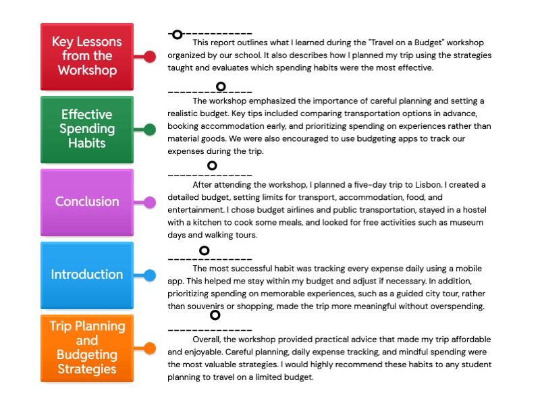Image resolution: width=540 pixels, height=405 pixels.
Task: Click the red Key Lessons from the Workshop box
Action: [x=87, y=56]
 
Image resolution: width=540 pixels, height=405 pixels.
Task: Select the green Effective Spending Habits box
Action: [x=87, y=129]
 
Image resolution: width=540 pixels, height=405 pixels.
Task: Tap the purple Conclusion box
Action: [x=87, y=202]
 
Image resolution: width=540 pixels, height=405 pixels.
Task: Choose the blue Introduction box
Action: [x=87, y=275]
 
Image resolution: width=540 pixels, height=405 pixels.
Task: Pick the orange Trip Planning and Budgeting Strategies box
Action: [x=87, y=348]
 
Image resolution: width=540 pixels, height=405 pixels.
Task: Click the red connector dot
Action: [x=150, y=56]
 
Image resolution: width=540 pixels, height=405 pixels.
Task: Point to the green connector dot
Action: [x=150, y=129]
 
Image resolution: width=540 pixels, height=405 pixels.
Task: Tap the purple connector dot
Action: [x=150, y=202]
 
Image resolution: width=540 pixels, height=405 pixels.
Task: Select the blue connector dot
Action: [x=150, y=275]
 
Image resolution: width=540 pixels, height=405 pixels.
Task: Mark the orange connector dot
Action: [x=150, y=348]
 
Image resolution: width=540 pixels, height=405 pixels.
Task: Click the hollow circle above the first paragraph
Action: [x=177, y=34]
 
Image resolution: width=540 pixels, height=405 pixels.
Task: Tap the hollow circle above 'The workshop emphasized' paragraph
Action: [x=221, y=86]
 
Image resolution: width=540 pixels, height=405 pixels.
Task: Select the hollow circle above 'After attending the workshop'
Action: [x=212, y=165]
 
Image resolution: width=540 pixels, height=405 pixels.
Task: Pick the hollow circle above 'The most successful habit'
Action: [x=205, y=251]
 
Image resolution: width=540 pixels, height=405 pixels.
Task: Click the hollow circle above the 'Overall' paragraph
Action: [x=215, y=315]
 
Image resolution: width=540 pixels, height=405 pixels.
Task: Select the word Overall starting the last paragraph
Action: [x=208, y=340]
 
